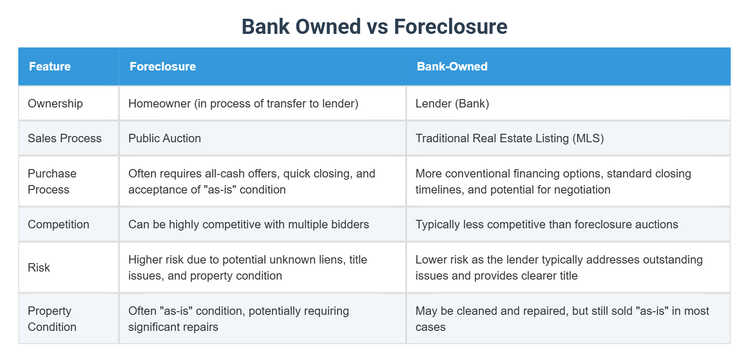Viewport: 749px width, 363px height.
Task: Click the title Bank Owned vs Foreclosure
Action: (374, 27)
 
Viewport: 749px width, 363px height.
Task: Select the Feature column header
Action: (50, 66)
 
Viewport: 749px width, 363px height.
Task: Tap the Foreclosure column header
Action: (163, 66)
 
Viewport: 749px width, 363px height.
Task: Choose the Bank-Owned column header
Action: (452, 66)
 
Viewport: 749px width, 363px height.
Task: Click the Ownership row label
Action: (55, 103)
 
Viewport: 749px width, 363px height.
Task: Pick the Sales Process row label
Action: (65, 138)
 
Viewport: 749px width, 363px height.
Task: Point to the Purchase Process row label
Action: (52, 181)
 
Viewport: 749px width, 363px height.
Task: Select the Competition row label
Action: (58, 224)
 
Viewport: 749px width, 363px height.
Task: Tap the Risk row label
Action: (39, 268)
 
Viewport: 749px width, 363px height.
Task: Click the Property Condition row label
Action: (52, 319)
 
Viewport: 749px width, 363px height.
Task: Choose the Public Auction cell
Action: (165, 138)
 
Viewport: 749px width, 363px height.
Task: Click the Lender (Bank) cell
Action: (452, 103)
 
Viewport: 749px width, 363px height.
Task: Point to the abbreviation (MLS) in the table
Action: (588, 138)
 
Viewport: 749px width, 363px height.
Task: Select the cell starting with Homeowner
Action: (243, 103)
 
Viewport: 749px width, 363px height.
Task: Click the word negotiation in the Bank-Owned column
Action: (581, 190)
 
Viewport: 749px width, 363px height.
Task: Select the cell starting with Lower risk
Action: (559, 268)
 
